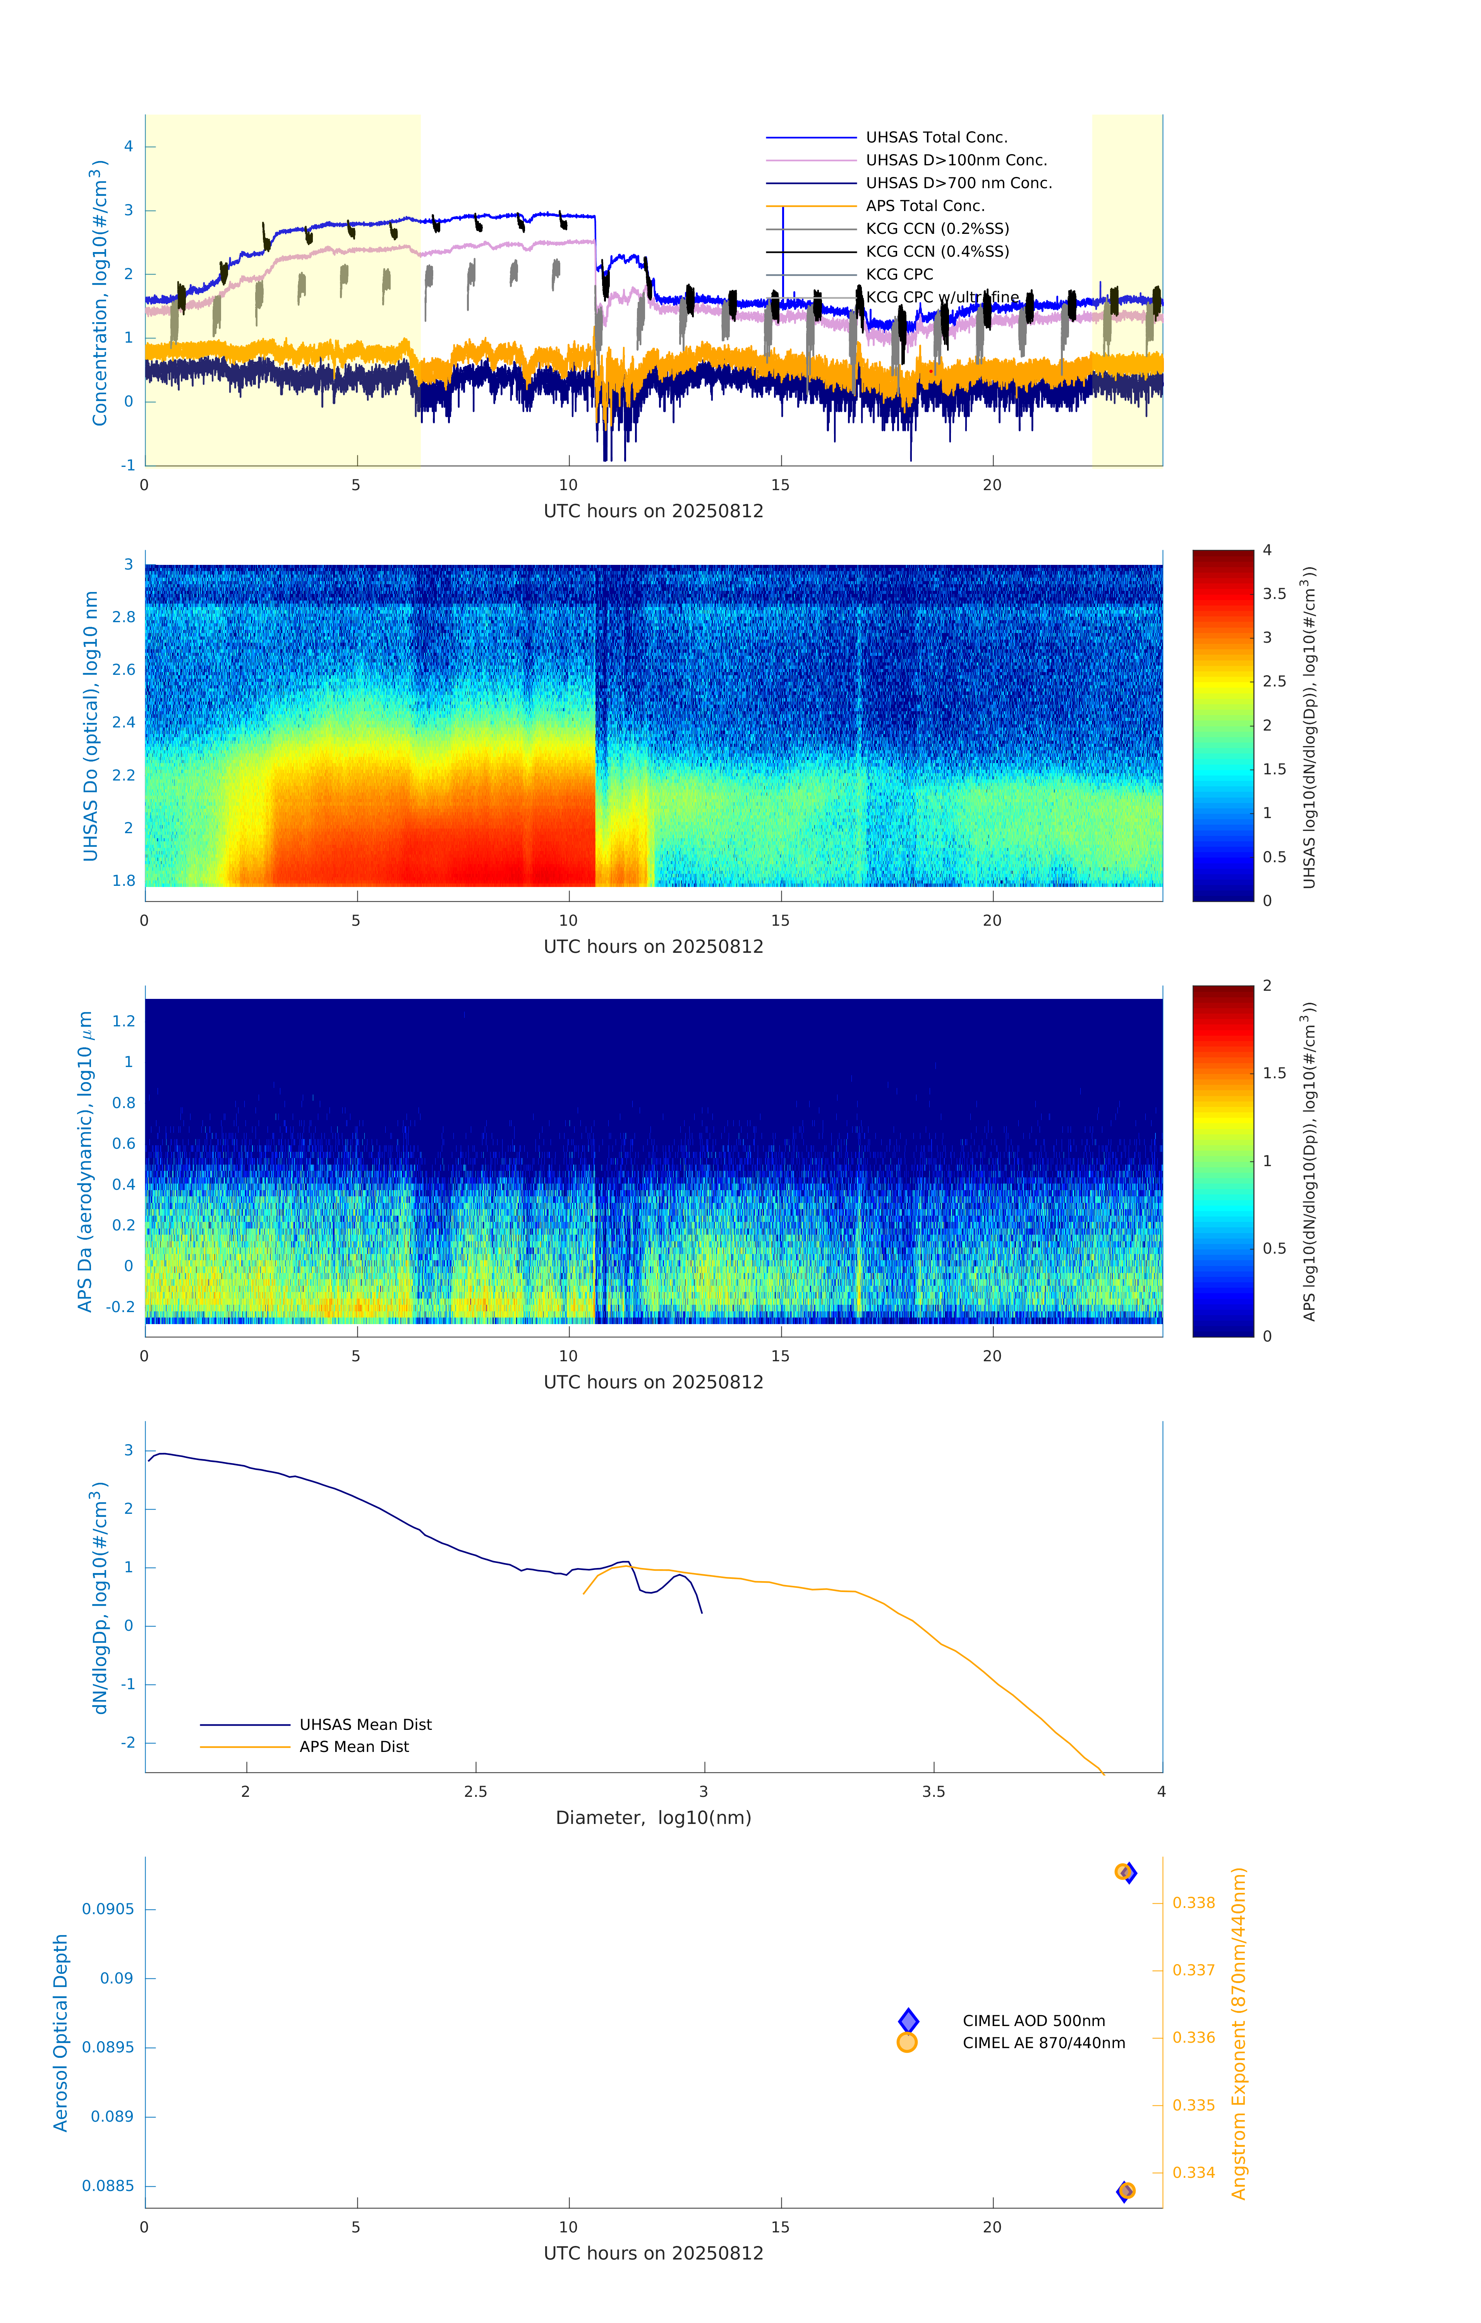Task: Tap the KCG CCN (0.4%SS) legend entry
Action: pos(937,252)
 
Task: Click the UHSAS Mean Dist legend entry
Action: pos(365,1724)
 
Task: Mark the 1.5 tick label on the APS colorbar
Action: pos(1273,1073)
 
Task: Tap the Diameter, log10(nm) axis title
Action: pos(653,1817)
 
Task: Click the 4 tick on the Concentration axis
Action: pos(128,147)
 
